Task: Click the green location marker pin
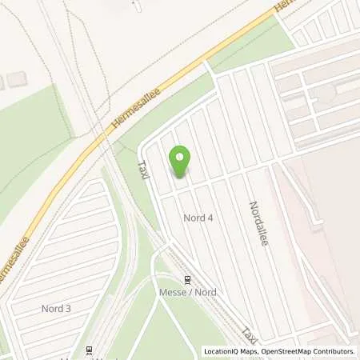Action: (x=180, y=162)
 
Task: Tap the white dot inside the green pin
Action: (x=180, y=157)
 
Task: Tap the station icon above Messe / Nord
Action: (x=188, y=280)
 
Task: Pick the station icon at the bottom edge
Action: (x=90, y=349)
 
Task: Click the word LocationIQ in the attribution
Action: (x=222, y=351)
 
